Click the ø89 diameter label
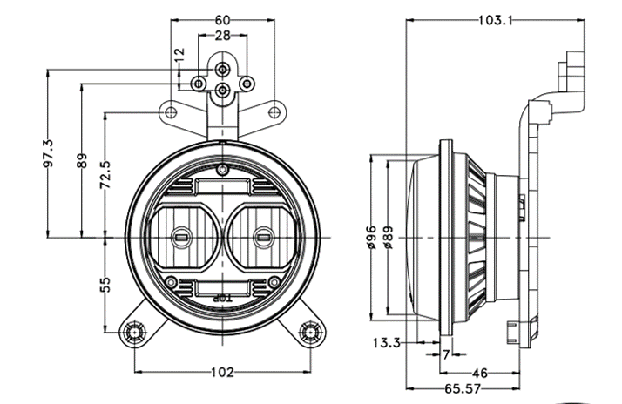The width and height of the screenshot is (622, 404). pos(388,236)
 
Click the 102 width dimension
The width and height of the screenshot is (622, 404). pos(223,373)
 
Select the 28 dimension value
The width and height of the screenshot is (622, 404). pos(223,36)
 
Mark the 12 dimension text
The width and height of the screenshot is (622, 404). pos(179,53)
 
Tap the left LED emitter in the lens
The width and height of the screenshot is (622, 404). pos(183,235)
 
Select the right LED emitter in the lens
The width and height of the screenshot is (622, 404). pos(262,235)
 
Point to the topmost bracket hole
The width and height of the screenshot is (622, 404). pos(223,67)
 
